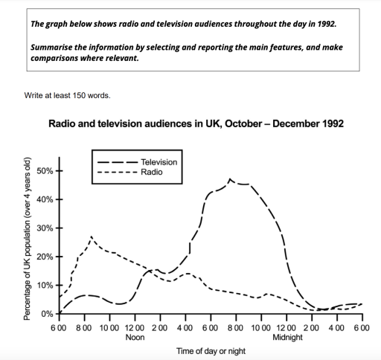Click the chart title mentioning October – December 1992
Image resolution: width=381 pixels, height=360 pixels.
196,123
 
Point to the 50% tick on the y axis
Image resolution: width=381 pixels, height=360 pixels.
45,170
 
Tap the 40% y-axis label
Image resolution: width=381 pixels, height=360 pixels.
45,199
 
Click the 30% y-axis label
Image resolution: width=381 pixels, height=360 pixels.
45,228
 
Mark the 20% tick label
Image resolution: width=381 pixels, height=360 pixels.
45,257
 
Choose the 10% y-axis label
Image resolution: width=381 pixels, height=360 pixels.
45,286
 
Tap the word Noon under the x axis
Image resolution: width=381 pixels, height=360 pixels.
135,337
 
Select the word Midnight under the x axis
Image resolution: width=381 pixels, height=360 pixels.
286,337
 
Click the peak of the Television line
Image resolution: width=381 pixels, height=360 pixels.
230,179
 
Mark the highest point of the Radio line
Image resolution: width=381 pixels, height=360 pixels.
91,237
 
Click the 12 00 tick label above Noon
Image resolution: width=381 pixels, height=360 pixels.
135,328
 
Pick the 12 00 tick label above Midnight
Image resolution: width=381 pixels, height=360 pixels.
286,328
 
